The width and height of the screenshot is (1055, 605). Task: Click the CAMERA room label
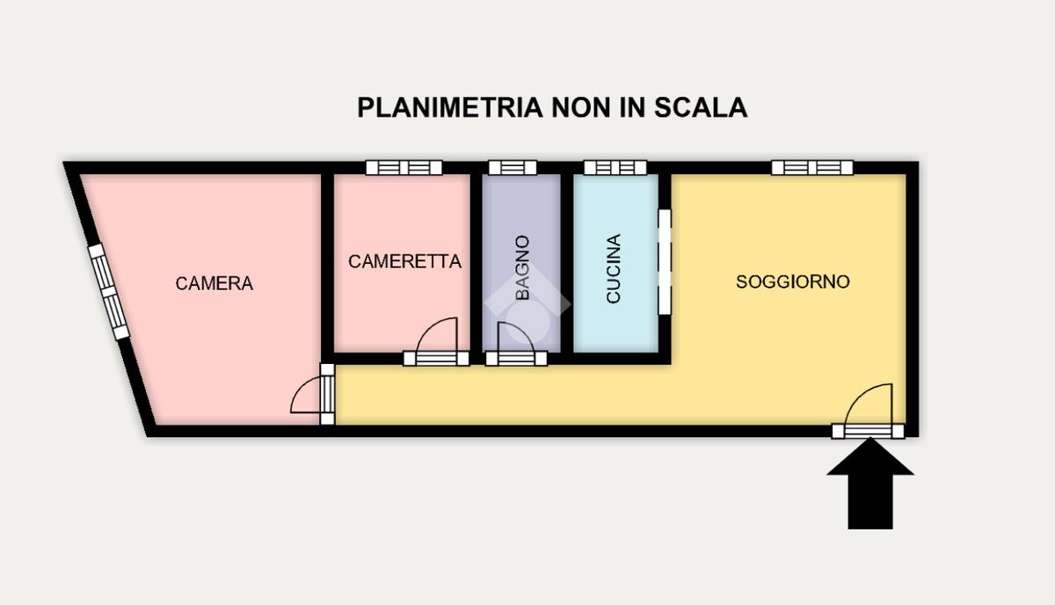coord(215,283)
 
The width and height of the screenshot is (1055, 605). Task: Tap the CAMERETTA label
coord(404,261)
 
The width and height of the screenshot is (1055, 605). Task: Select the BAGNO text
coord(522,267)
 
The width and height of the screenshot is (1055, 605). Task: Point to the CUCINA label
coord(614,268)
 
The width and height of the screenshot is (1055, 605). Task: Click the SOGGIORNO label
coord(793,281)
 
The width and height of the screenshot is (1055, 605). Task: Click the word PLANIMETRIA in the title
coord(450,107)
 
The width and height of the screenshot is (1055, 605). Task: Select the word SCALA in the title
coord(701,107)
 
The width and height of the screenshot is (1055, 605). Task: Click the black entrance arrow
coord(870,483)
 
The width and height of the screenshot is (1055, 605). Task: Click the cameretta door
coord(436,343)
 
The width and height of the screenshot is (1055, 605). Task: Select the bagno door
coord(516,345)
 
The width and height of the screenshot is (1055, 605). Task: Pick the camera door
coord(313,394)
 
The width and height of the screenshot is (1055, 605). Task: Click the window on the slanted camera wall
coord(109,292)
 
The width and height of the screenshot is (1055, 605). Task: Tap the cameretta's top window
coord(404,168)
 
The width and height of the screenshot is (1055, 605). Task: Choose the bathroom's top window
coord(513,168)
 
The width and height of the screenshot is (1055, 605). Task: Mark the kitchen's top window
coord(615,168)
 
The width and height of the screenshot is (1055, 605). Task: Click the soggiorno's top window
coord(812,168)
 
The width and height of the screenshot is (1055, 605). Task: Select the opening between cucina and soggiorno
coord(665,262)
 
